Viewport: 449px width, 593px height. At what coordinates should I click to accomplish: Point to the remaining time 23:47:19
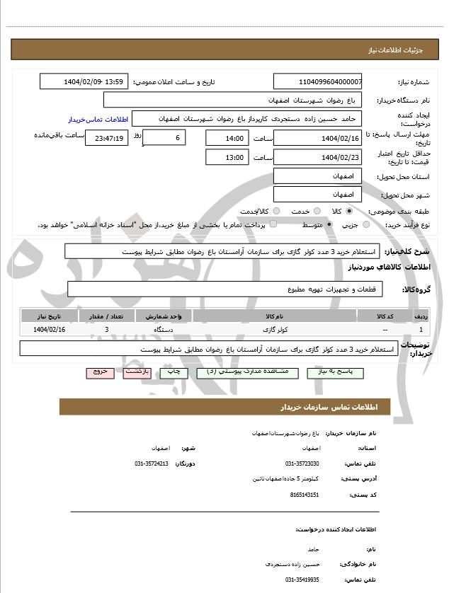[x=106, y=138]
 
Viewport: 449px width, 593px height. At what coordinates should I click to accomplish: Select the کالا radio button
[x=349, y=212]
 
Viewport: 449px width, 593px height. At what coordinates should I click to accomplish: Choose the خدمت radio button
[x=317, y=212]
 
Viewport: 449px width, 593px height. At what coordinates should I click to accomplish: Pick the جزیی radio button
[x=366, y=225]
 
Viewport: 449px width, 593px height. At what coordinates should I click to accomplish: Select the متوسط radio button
[x=329, y=225]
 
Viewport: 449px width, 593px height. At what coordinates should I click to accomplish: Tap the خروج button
[x=99, y=372]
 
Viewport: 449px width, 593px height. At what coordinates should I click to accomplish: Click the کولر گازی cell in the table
[x=274, y=330]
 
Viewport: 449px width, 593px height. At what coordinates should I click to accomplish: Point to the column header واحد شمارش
[x=164, y=316]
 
